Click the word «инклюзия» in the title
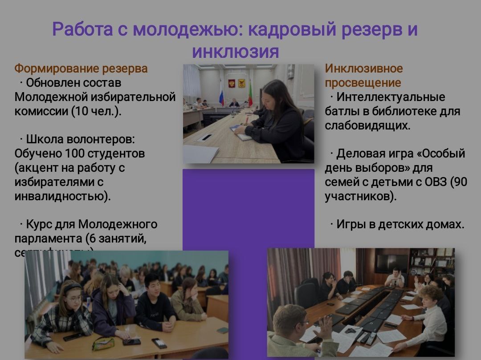[x=235, y=52]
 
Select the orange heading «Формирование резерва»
[x=81, y=69]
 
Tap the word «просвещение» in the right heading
[x=363, y=83]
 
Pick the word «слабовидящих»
[x=367, y=125]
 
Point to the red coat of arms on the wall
[x=231, y=83]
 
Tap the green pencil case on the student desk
[x=103, y=343]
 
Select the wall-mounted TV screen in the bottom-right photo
[x=391, y=264]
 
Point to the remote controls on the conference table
[x=364, y=337]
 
